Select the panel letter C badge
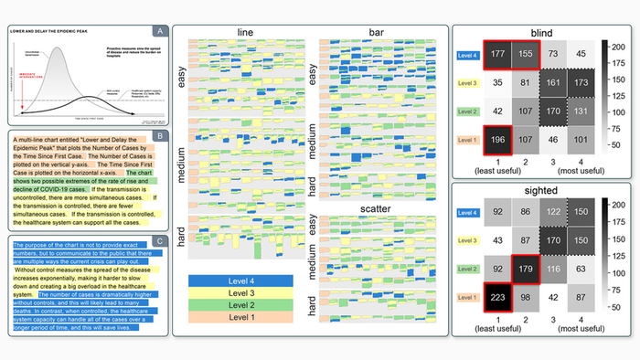[x=161, y=241]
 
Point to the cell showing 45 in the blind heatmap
[x=583, y=55]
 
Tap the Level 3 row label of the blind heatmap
[x=468, y=84]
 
